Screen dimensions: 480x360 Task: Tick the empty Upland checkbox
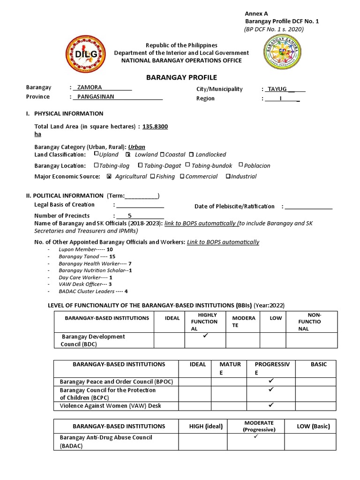coord(96,154)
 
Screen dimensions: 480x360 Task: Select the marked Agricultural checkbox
coord(109,177)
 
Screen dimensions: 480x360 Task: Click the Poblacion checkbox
coord(241,165)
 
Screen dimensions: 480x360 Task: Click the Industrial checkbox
coord(228,177)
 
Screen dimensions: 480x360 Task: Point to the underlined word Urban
coord(137,147)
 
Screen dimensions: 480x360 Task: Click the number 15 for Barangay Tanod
coord(112,256)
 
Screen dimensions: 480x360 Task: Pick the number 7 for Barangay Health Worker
coord(123,263)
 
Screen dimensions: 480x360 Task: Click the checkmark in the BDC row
coord(205,337)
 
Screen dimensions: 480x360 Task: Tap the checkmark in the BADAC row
coord(256,437)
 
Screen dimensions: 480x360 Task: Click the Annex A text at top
coord(253,14)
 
